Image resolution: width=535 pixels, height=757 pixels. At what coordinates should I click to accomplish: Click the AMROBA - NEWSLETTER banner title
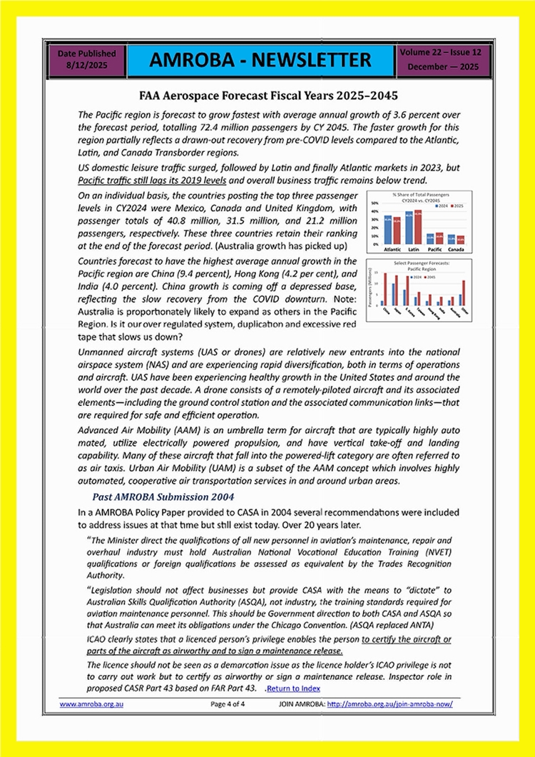point(261,60)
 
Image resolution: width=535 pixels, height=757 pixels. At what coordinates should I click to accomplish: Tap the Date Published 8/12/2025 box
point(86,60)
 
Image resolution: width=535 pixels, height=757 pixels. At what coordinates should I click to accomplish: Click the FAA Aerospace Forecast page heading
point(267,95)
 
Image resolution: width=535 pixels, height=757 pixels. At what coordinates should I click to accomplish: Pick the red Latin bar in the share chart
point(417,226)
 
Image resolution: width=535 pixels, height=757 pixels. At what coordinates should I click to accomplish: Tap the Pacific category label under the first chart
point(435,250)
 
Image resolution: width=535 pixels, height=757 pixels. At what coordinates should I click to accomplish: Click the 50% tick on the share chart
point(375,203)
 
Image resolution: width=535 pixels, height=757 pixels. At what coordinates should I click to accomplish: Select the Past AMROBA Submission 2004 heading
point(163,497)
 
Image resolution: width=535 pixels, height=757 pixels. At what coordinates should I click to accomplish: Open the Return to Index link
point(293,688)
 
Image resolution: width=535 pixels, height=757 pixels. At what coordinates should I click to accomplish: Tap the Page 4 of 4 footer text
point(228,703)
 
